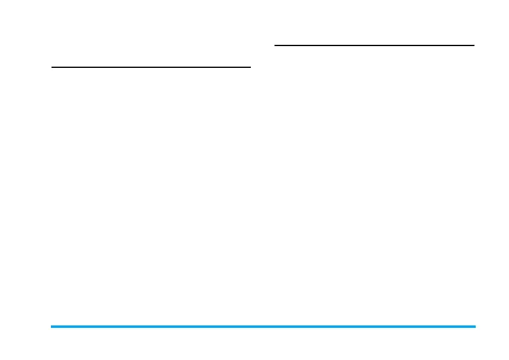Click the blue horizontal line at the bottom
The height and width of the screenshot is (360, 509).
[263, 327]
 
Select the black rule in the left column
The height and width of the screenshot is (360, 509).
[151, 67]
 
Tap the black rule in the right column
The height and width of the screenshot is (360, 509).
[374, 45]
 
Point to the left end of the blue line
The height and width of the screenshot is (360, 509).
[52, 327]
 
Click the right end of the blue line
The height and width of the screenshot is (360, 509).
[475, 327]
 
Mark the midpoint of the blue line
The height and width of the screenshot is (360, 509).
[263, 327]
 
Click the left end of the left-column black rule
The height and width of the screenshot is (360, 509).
[52, 67]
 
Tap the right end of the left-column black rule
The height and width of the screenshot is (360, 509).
[250, 67]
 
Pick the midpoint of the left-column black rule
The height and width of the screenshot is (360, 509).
[151, 67]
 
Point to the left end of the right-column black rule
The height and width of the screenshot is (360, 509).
[275, 45]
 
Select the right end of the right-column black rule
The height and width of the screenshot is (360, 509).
[474, 45]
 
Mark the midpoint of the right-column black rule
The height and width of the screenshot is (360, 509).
[374, 45]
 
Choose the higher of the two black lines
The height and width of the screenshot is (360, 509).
[374, 45]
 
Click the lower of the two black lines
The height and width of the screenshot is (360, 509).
[151, 67]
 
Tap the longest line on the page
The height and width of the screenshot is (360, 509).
[263, 327]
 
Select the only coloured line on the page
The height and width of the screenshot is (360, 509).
[263, 327]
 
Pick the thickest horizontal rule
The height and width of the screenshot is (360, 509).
[263, 327]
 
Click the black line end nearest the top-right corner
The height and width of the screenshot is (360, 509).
[474, 45]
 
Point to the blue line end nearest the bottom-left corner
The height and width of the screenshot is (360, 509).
[52, 327]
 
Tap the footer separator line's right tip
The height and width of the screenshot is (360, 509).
[475, 327]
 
